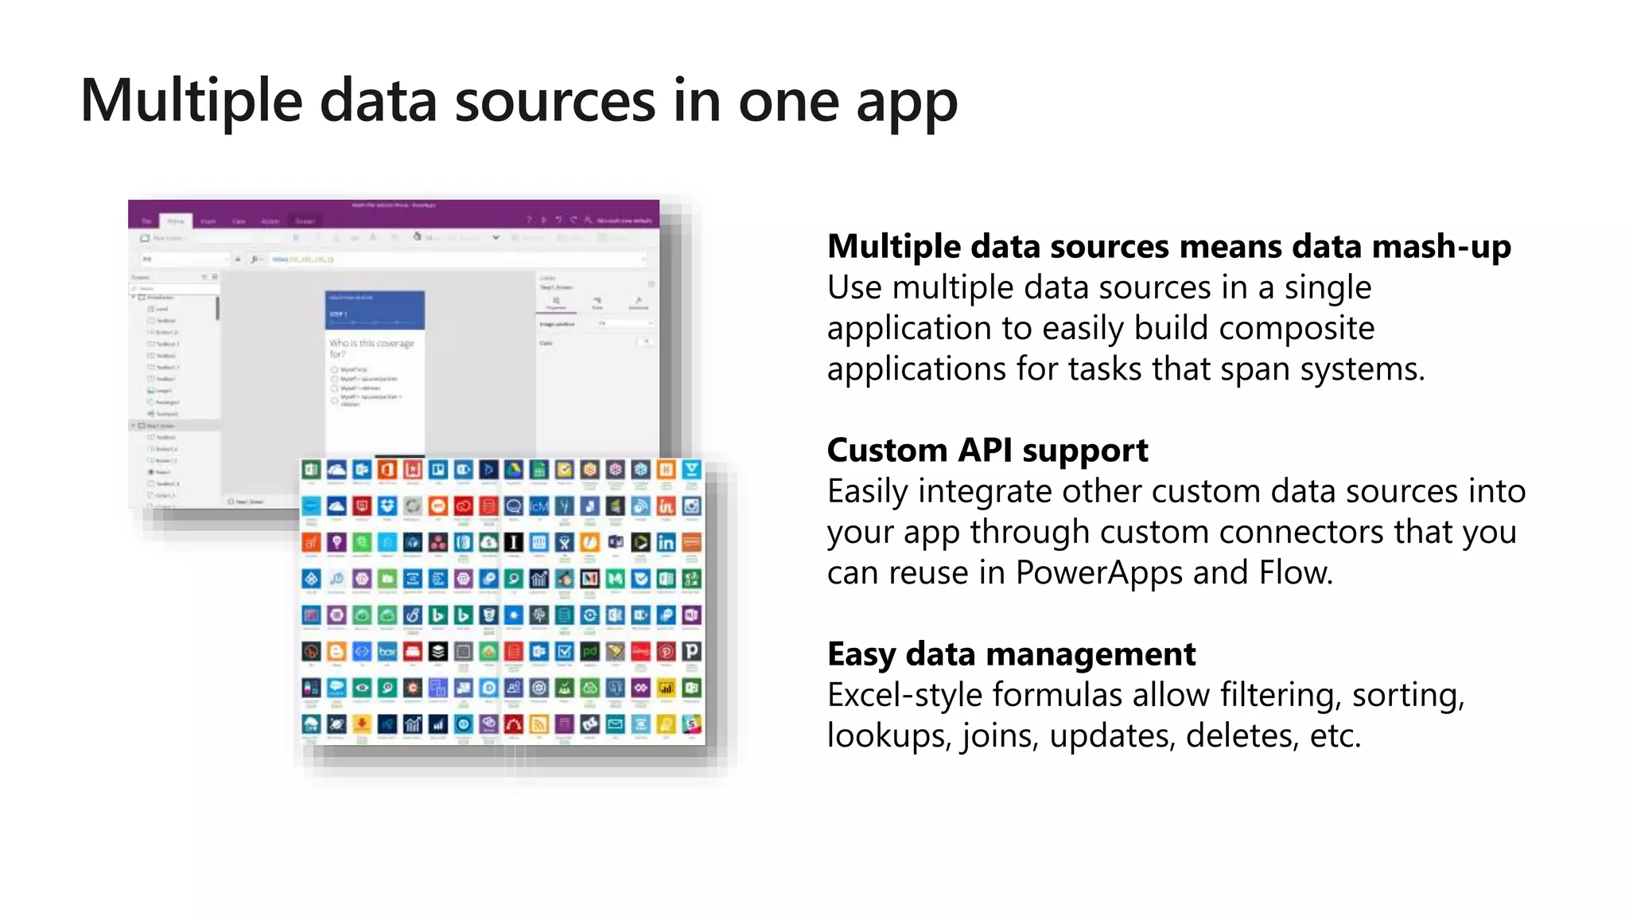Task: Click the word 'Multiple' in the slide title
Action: coord(191,101)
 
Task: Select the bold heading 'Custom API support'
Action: coord(987,451)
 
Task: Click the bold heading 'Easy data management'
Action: coord(1011,654)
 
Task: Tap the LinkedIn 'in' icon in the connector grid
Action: coord(666,543)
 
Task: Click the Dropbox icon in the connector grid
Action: coord(387,506)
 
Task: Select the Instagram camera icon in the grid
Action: coord(691,506)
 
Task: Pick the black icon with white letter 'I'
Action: coord(514,543)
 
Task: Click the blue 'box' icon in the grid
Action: coord(387,652)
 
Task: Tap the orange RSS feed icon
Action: coord(539,724)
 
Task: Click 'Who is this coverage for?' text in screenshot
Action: coord(371,348)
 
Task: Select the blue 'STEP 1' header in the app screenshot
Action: coord(375,310)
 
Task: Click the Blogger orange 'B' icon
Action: coord(336,652)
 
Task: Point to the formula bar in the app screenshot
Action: coord(453,259)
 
